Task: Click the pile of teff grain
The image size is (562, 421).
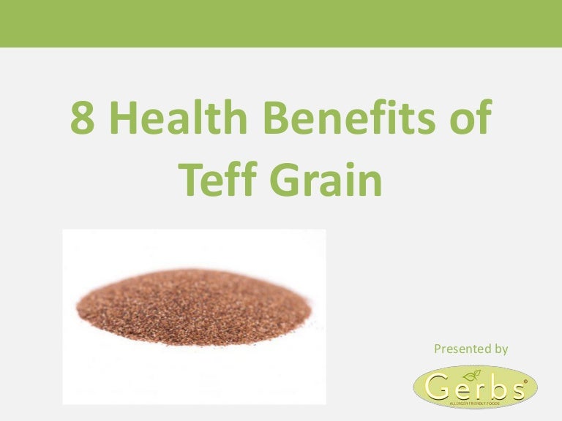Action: pos(194,308)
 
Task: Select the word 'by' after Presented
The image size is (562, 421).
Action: pos(500,349)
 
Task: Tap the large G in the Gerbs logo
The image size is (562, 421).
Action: pos(438,386)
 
